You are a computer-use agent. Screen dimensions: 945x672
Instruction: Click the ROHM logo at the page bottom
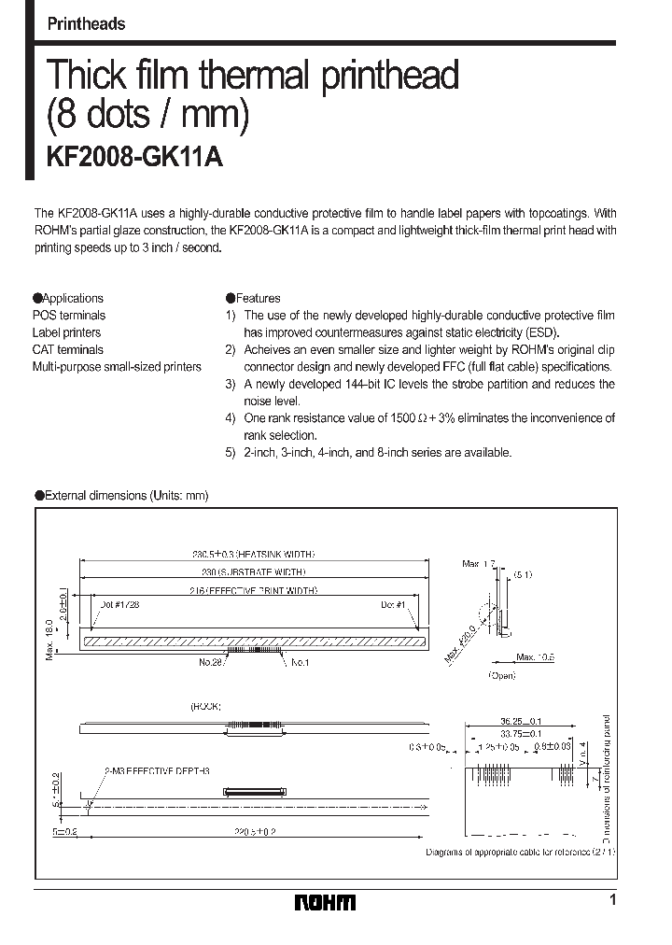325,902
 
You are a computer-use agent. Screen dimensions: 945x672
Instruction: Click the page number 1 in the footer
612,900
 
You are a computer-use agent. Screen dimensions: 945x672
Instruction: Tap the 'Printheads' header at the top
86,24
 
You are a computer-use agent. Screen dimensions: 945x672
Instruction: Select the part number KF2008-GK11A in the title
134,157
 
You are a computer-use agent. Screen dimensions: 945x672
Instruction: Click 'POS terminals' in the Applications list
69,316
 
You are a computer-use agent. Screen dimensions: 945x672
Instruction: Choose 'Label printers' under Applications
67,332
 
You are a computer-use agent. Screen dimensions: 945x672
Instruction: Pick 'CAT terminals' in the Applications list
68,349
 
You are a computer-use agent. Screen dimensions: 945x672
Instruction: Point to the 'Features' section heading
258,299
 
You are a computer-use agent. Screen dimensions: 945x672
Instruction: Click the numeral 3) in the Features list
231,384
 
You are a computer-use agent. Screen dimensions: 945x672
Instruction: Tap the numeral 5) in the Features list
231,452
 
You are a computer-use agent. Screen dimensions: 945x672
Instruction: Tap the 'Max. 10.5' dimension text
536,656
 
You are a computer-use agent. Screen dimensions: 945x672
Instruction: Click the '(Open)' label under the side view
501,675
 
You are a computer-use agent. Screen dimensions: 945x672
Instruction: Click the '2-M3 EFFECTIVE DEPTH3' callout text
157,769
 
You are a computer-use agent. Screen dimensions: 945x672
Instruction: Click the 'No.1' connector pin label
301,662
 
